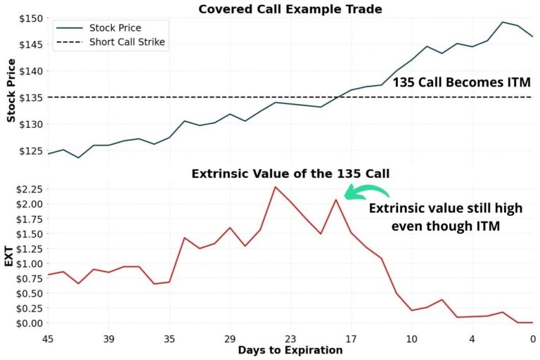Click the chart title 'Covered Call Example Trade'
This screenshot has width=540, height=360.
click(x=290, y=9)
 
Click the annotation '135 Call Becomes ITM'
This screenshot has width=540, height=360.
click(x=462, y=82)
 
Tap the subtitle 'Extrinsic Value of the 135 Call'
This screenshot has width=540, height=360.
click(x=291, y=174)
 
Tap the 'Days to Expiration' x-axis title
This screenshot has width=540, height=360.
click(x=290, y=350)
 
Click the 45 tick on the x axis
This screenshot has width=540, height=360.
click(x=48, y=338)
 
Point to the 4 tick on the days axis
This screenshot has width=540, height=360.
click(x=472, y=338)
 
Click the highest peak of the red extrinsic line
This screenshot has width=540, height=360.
click(x=276, y=186)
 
